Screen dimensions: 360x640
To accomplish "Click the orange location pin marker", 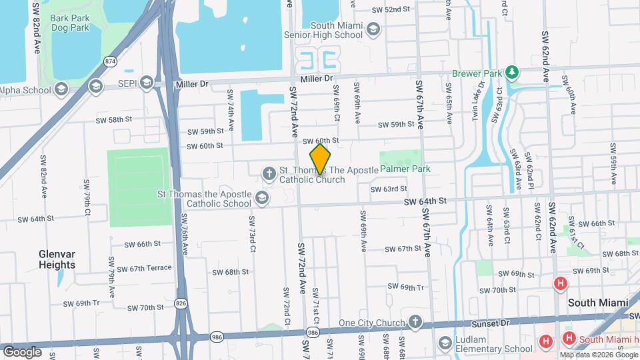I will pos(321,159).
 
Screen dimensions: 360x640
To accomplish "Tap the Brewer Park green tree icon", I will pos(512,71).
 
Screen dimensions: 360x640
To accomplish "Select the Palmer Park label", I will pos(405,169).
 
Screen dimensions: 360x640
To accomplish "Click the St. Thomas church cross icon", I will pos(269,174).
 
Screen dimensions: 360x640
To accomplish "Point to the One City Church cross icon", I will pos(415,323).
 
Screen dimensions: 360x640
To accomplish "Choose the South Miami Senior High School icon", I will pos(373,29).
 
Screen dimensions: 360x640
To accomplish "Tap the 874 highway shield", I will pos(111,61).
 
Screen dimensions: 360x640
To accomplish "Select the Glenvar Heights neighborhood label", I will pos(57,259).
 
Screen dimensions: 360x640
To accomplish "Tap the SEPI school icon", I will pos(146,83).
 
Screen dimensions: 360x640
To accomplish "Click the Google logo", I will pos(22,351).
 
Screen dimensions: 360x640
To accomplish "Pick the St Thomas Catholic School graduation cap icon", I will pos(261,197).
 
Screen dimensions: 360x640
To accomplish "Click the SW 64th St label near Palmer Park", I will pos(424,201).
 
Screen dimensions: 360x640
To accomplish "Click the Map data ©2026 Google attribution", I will pos(597,355).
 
